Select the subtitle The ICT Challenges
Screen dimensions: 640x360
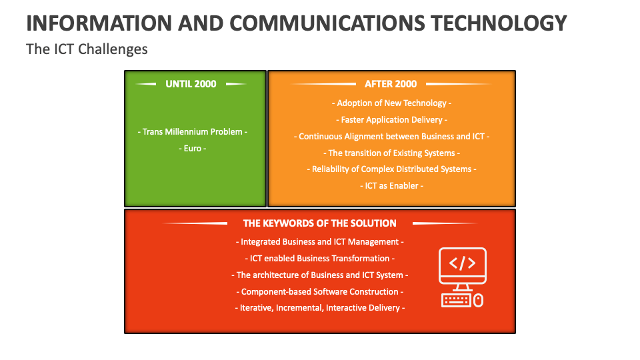[87, 49]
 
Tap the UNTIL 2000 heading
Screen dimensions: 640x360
[191, 84]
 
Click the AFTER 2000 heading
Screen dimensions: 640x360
[391, 84]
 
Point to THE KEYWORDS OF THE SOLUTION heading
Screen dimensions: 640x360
[319, 223]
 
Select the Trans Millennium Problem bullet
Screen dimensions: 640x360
[192, 132]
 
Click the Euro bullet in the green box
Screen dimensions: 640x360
[192, 149]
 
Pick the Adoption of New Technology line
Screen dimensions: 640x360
[391, 103]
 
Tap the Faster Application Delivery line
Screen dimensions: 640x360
[391, 120]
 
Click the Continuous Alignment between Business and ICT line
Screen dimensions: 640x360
[391, 136]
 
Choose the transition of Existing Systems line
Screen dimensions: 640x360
[391, 153]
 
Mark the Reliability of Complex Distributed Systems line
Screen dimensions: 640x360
[391, 169]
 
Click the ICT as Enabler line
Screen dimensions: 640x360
[391, 186]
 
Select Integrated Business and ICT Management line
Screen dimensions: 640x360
[319, 242]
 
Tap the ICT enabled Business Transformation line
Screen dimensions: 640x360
[319, 259]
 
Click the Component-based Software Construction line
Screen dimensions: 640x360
[319, 292]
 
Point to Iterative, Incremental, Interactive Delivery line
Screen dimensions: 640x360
[319, 308]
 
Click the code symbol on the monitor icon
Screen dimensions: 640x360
[463, 263]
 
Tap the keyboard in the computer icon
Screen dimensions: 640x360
[456, 301]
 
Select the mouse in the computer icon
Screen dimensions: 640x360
[479, 301]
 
